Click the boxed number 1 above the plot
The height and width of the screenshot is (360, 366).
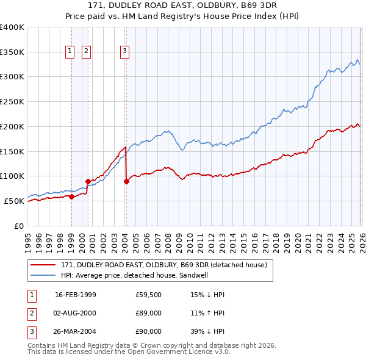click(x=70, y=52)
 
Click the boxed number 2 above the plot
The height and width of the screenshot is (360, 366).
click(x=87, y=52)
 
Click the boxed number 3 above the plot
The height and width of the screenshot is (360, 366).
click(x=124, y=52)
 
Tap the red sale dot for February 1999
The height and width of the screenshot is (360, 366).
click(x=71, y=196)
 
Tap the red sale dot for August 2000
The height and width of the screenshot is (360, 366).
click(x=88, y=181)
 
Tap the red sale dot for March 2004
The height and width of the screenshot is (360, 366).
click(x=126, y=181)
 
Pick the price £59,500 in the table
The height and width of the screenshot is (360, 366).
click(x=149, y=295)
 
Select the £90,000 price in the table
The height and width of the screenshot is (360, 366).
click(x=149, y=331)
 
